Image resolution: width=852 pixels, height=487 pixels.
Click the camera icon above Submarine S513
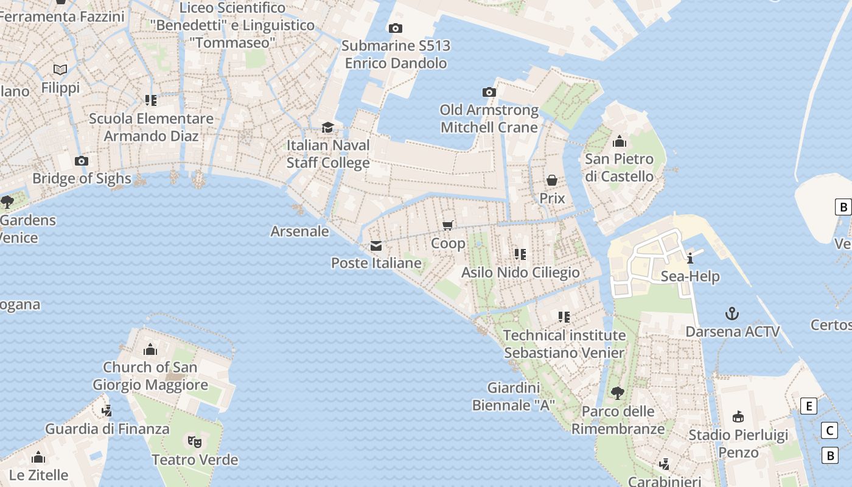[x=395, y=28]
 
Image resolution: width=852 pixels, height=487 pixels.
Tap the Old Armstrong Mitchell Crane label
[x=489, y=119]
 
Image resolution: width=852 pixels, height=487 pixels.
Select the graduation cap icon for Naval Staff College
[x=328, y=127]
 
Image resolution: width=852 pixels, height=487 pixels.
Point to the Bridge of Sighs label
[x=82, y=178]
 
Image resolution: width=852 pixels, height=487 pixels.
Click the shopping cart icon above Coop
[x=449, y=226]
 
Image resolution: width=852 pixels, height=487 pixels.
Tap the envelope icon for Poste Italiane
[x=376, y=246]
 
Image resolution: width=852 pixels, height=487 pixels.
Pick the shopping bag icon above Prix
[x=552, y=180]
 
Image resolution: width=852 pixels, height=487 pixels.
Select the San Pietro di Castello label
[x=620, y=167]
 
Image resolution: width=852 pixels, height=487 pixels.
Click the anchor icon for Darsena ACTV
[x=733, y=314]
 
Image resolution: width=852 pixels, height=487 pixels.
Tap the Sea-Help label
[x=690, y=276]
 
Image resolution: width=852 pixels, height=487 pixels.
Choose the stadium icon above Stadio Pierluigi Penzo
[x=738, y=417]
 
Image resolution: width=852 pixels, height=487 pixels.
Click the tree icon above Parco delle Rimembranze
[x=618, y=393]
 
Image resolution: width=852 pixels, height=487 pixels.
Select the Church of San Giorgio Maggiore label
[x=150, y=376]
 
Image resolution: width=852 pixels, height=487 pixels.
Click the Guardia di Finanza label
[x=107, y=429]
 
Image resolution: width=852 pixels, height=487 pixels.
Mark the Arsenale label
[x=299, y=231]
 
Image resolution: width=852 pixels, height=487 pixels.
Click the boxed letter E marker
[x=808, y=406]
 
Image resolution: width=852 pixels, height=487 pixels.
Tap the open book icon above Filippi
[x=60, y=70]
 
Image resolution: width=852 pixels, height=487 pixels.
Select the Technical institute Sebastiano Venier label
[x=564, y=344]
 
